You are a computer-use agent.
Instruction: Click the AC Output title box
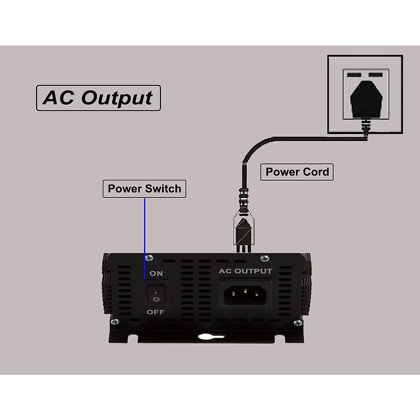98,98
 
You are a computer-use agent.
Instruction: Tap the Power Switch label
144,189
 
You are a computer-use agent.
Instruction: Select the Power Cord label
297,172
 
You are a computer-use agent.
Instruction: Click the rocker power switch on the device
156,293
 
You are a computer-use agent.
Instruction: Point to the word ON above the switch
156,273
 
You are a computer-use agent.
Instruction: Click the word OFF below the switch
155,312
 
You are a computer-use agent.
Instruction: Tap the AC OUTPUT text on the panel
245,271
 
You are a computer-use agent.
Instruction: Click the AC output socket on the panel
245,294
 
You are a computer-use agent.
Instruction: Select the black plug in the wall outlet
366,100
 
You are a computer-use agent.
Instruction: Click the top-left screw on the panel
150,258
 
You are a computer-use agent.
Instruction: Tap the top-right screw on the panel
265,259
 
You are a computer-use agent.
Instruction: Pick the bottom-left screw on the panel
114,321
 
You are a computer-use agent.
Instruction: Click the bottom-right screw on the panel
298,322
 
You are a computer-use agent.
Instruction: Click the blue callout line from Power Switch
145,238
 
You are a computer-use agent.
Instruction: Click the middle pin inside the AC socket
245,290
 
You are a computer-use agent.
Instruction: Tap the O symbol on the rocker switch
156,299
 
